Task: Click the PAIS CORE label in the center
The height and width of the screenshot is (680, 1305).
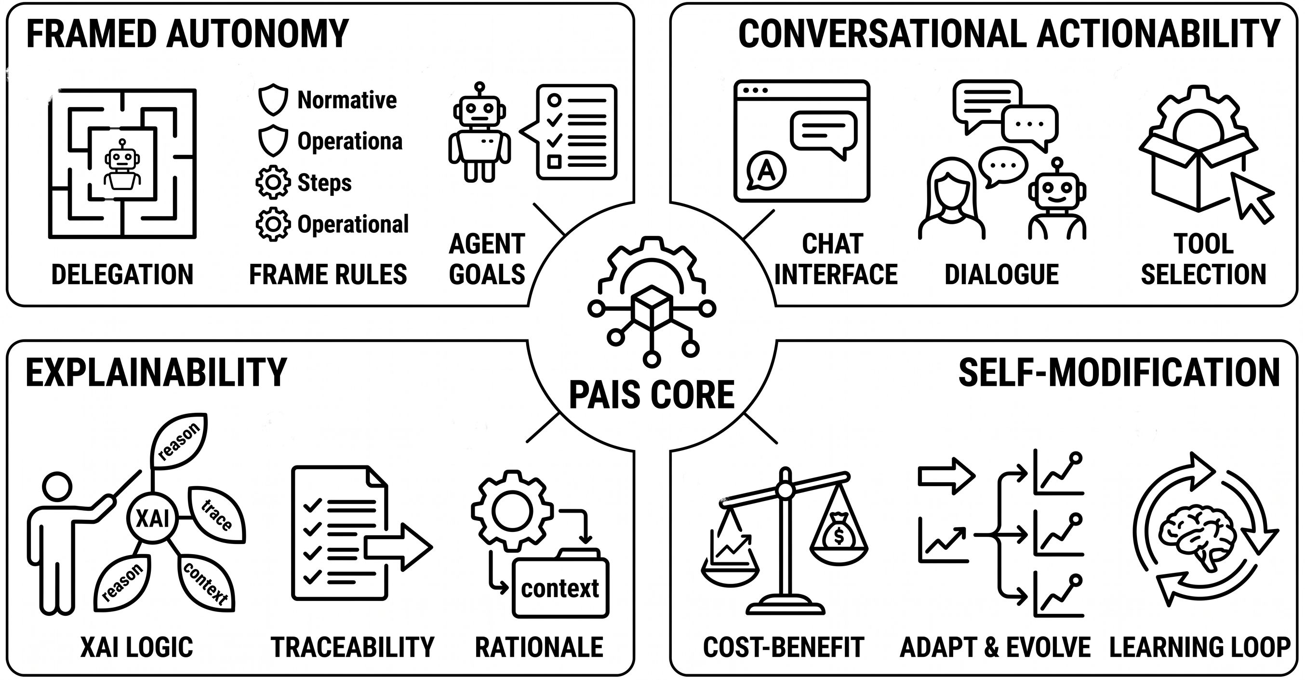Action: coord(652,395)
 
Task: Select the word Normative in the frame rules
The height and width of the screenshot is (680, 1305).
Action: coord(347,100)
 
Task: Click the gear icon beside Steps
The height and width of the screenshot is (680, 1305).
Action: coord(273,182)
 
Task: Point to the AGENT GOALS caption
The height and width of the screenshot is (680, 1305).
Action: coord(487,259)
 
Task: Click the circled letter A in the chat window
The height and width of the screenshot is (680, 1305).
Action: coord(766,170)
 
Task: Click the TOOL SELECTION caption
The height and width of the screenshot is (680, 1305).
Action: coord(1204,259)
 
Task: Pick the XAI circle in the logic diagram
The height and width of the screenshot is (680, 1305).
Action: coord(152,518)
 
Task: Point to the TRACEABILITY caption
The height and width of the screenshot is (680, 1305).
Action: coord(353,648)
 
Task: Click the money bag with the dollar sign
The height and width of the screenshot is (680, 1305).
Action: coord(839,532)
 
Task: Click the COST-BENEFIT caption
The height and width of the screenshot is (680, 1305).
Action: coord(783,648)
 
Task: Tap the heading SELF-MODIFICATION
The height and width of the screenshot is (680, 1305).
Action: coord(1119,373)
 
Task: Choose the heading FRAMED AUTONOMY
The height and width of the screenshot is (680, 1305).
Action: coord(187,33)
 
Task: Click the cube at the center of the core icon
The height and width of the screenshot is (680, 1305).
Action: coord(652,308)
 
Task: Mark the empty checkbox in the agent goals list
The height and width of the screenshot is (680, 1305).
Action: coord(555,162)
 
